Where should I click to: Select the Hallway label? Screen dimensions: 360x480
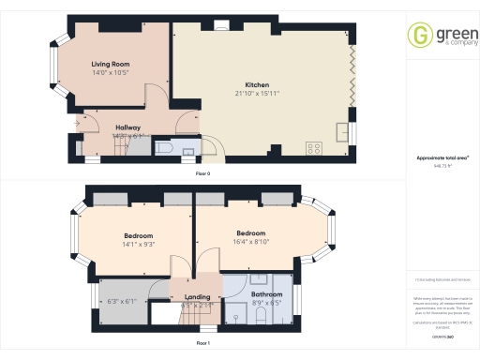click(127, 127)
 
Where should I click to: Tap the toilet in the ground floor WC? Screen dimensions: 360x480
click(166, 148)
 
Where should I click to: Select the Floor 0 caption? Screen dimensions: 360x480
click(202, 175)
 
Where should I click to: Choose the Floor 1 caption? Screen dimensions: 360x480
click(202, 343)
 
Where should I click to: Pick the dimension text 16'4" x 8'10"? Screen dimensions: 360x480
click(251, 241)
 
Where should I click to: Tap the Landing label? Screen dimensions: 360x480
click(198, 297)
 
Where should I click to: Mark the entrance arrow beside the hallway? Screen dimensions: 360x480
click(77, 122)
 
